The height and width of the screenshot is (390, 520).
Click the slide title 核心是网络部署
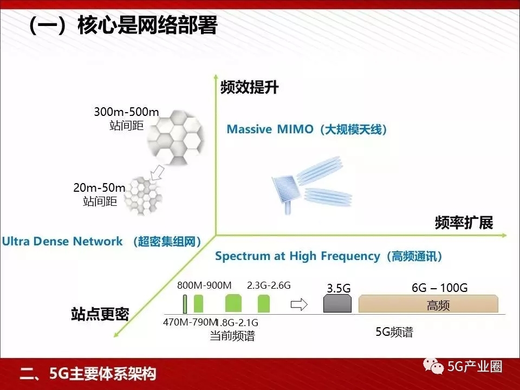pyautogui.click(x=147, y=25)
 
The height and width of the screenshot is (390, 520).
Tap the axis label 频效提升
pyautogui.click(x=249, y=87)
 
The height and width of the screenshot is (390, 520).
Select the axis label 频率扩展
pyautogui.click(x=464, y=223)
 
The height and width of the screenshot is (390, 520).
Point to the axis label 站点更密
pyautogui.click(x=100, y=314)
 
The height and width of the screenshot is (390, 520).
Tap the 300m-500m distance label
pyautogui.click(x=126, y=112)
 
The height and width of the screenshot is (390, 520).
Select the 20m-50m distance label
pyautogui.click(x=99, y=188)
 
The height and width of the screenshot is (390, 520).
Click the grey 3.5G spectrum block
pyautogui.click(x=337, y=303)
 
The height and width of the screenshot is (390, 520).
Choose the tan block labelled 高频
pyautogui.click(x=428, y=303)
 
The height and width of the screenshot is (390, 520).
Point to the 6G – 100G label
pyautogui.click(x=439, y=288)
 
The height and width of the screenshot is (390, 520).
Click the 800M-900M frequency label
pyautogui.click(x=204, y=285)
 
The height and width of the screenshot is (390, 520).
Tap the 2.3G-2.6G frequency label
pyautogui.click(x=269, y=285)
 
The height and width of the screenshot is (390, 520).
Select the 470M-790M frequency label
pyautogui.click(x=190, y=322)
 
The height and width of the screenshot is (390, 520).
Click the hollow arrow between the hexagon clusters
pyautogui.click(x=157, y=173)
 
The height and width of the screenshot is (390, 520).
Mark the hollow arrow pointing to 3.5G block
pyautogui.click(x=299, y=304)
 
